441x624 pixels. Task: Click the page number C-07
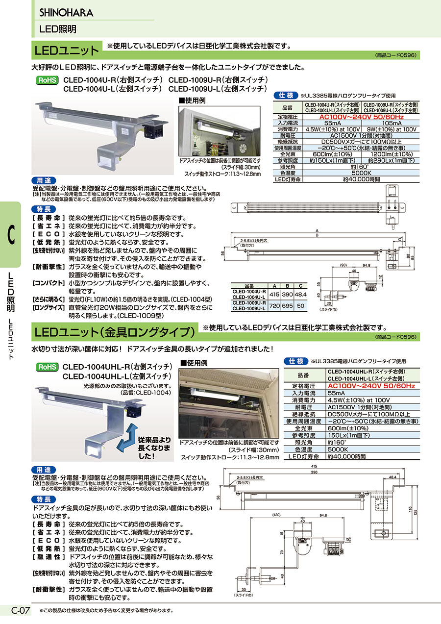21,610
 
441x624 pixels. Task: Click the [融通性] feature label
49,557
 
